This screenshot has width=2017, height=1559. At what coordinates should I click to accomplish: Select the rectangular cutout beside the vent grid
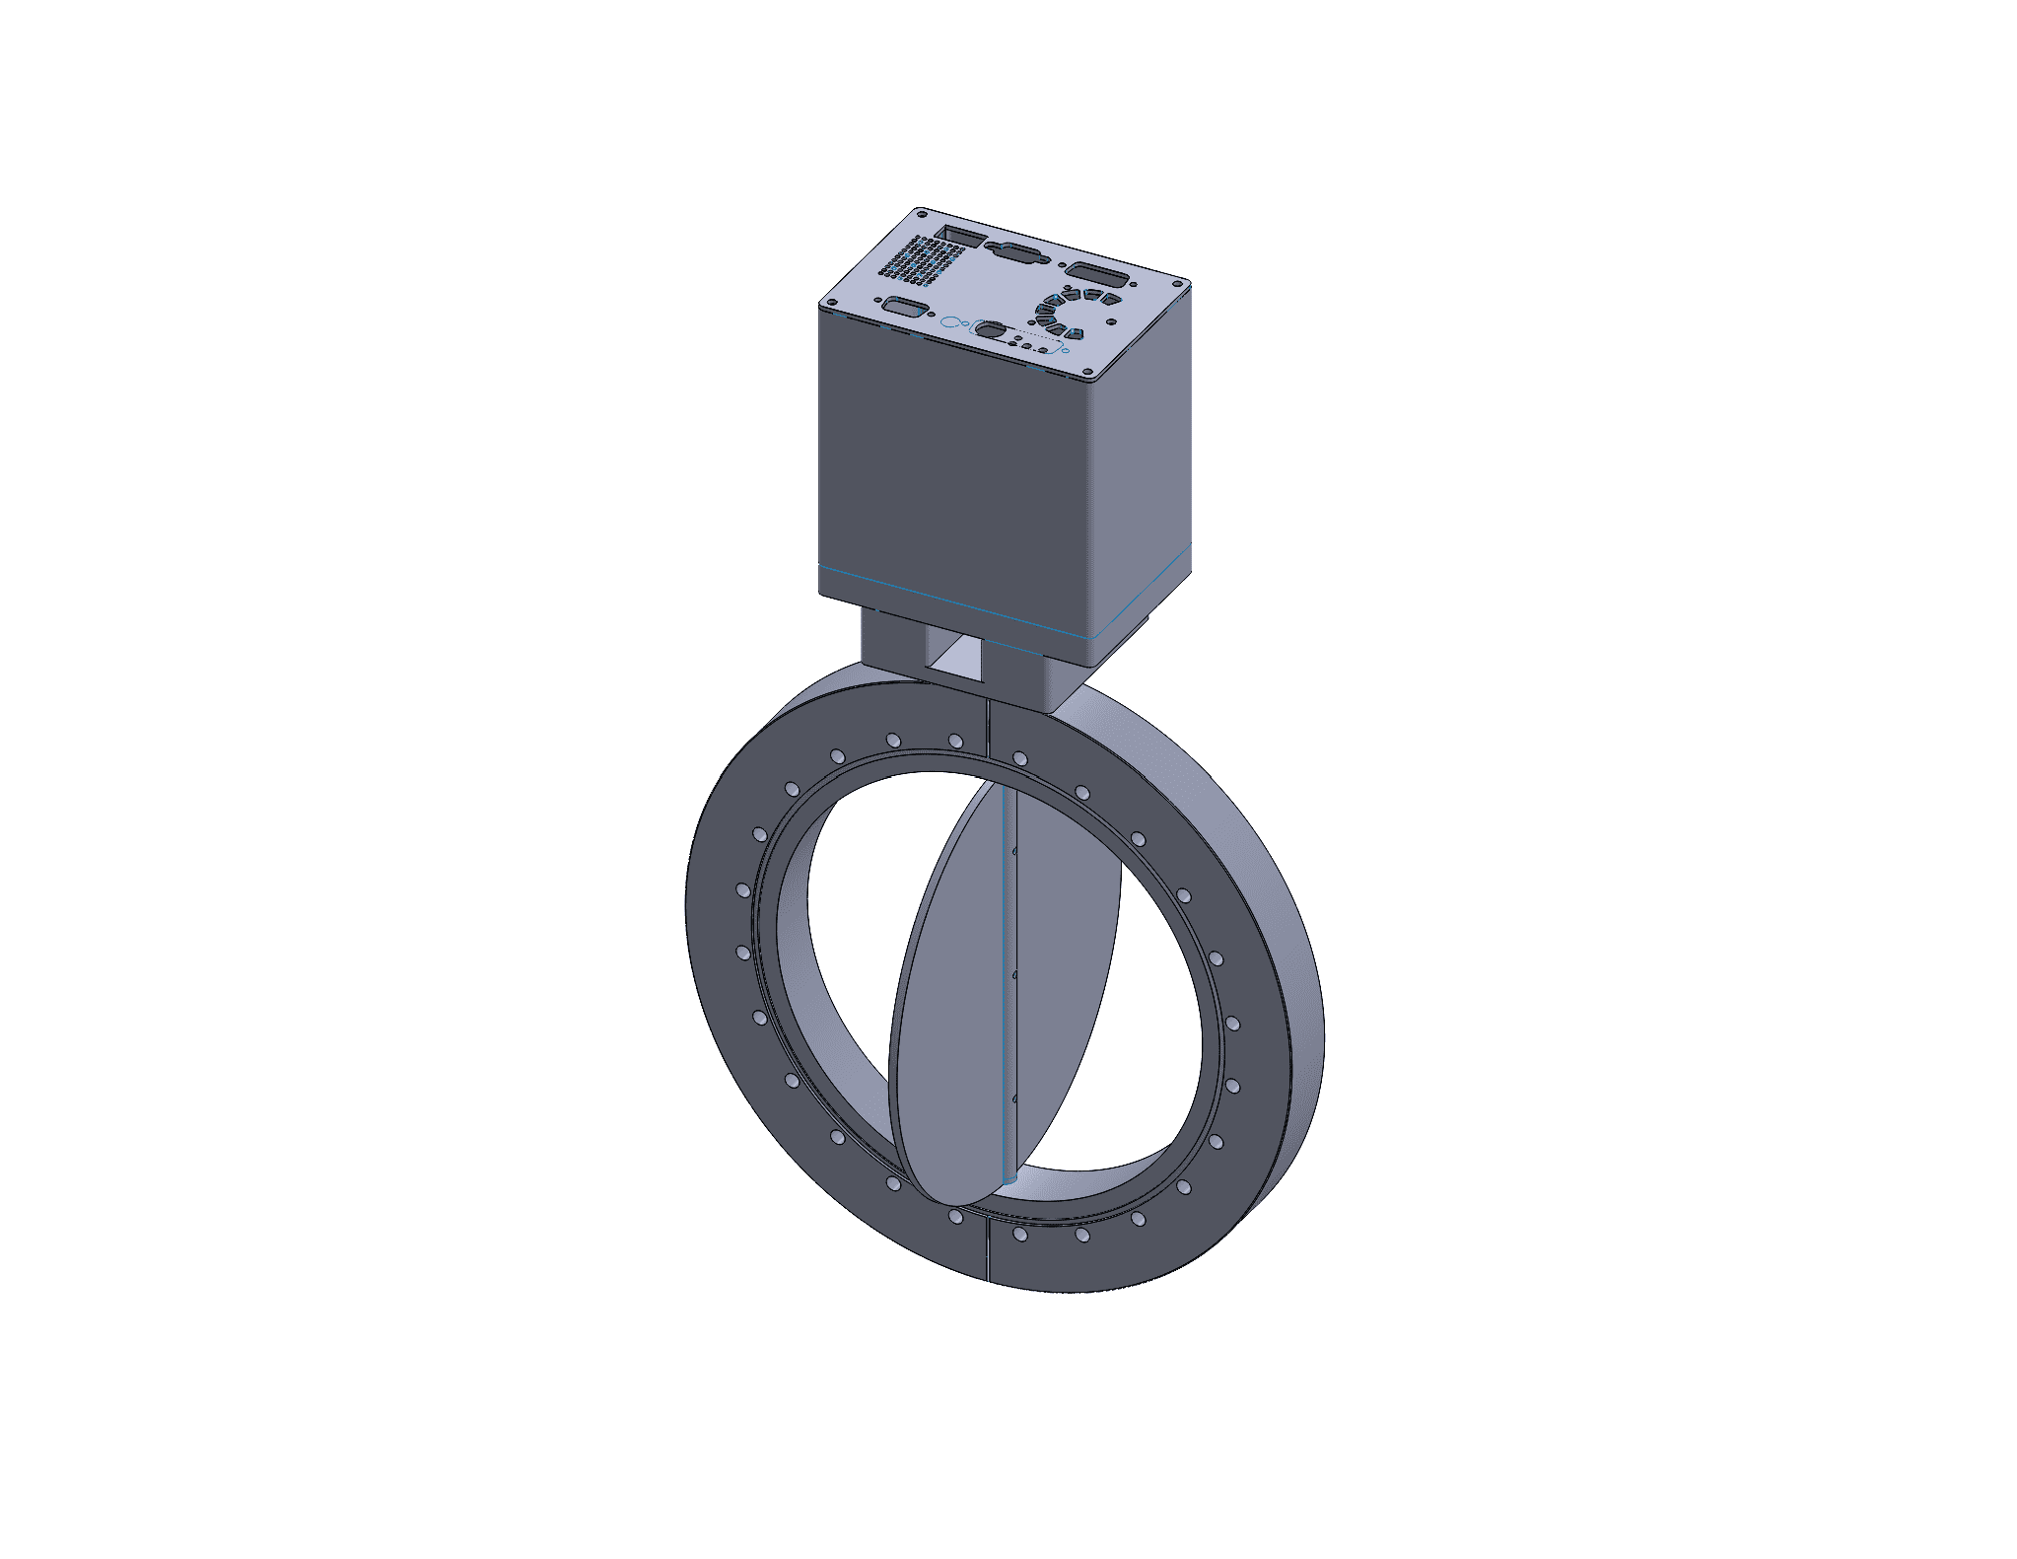click(x=960, y=237)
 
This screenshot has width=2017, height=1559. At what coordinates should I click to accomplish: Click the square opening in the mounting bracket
click(x=955, y=658)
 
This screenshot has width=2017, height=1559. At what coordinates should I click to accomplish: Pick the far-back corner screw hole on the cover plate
click(x=921, y=212)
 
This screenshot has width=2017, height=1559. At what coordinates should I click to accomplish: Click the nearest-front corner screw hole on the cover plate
click(x=1089, y=375)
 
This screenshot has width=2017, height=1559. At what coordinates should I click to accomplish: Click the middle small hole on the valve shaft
click(x=1014, y=974)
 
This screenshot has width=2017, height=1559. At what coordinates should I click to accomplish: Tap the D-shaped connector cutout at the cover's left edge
click(x=900, y=307)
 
